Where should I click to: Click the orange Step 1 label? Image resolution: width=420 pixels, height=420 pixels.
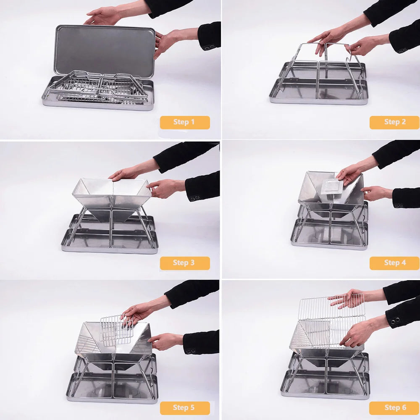tap(185, 122)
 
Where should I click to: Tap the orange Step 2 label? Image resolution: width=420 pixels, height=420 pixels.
tap(394, 122)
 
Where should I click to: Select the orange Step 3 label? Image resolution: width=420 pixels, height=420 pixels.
tap(185, 263)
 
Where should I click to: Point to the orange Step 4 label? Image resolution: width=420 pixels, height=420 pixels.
tap(394, 263)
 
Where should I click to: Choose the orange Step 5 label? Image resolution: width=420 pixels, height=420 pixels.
tap(185, 408)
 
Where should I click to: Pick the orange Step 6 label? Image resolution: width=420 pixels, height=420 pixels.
tap(394, 408)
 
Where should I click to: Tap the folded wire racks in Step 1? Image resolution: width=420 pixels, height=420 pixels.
tap(99, 87)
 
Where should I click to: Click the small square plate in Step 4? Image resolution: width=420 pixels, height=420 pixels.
tap(332, 187)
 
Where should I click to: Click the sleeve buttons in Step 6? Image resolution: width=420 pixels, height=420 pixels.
tap(395, 320)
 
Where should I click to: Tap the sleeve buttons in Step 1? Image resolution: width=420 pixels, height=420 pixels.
tap(209, 47)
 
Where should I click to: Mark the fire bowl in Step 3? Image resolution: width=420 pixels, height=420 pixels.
tap(112, 199)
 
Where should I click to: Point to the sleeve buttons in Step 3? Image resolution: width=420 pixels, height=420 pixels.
tap(195, 198)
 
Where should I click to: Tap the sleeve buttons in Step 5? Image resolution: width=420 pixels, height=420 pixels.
tap(191, 351)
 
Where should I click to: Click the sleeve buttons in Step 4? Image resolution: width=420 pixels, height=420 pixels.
tap(398, 205)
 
